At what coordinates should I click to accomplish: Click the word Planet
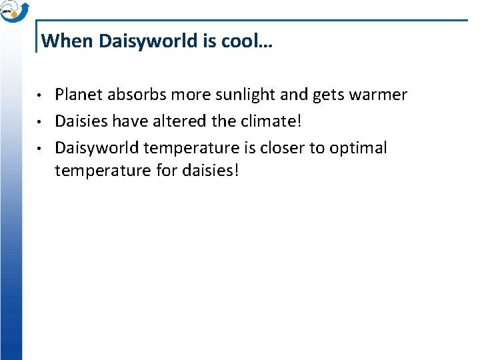click(x=77, y=95)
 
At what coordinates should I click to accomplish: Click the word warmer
click(x=376, y=95)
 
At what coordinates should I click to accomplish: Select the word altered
click(x=184, y=121)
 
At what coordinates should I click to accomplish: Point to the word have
click(x=130, y=121)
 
